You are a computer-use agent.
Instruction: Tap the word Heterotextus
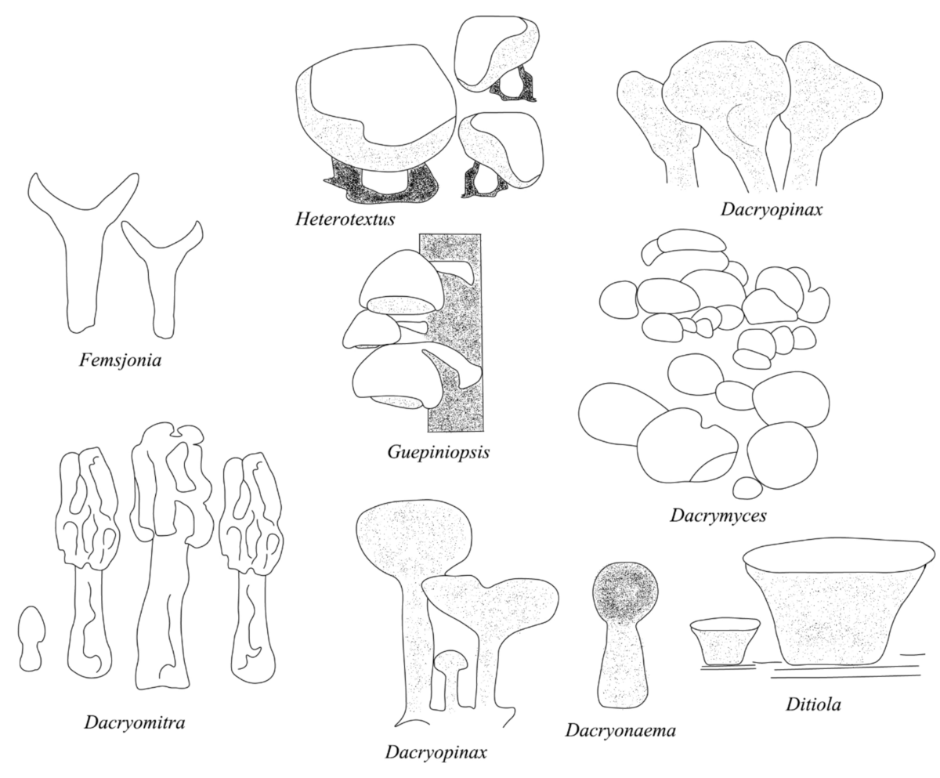tap(345, 217)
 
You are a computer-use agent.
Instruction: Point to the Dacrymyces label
tap(718, 516)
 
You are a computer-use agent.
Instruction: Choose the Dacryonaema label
tap(620, 731)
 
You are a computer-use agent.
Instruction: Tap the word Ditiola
tap(813, 704)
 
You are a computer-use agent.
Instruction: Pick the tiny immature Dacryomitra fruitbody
tap(31, 638)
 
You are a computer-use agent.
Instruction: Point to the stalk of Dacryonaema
tap(623, 666)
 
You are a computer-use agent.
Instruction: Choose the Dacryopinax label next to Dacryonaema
tap(436, 752)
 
